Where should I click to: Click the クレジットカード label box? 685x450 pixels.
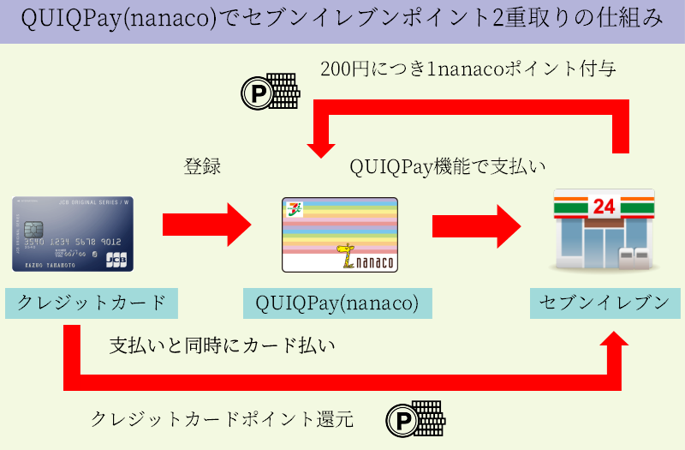(92, 303)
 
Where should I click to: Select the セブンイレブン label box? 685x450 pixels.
(605, 303)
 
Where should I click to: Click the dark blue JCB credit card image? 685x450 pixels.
(73, 234)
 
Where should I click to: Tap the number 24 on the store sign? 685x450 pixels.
(604, 205)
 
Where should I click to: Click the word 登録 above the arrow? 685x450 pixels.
(203, 166)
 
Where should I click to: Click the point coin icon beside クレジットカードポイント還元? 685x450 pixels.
(414, 418)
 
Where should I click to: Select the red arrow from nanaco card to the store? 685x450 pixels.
(476, 225)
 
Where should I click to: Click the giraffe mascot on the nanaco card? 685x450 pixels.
(346, 255)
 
